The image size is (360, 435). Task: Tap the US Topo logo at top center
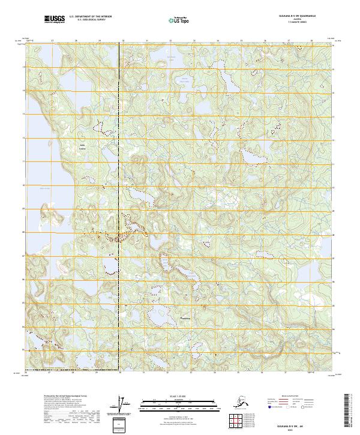[x=179, y=20]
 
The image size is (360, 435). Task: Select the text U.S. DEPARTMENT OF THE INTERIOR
[x=90, y=18]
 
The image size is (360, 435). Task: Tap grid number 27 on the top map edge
[x=52, y=41]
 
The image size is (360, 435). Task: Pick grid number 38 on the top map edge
[x=311, y=41]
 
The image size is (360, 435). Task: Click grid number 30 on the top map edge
[x=123, y=41]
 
